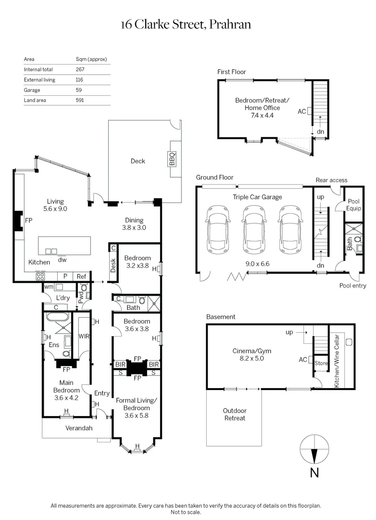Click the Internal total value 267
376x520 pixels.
pyautogui.click(x=80, y=69)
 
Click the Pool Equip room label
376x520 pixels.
pyautogui.click(x=353, y=206)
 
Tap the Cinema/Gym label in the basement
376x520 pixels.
pyautogui.click(x=248, y=354)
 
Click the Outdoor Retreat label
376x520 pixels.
pyautogui.click(x=234, y=414)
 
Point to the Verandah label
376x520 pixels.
pyautogui.click(x=79, y=428)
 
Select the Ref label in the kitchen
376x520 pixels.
pyautogui.click(x=81, y=277)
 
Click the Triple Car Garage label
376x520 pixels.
pyautogui.click(x=257, y=197)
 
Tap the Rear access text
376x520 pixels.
pyautogui.click(x=331, y=180)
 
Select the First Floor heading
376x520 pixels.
pyautogui.click(x=231, y=72)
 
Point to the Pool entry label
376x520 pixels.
pyautogui.click(x=352, y=286)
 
